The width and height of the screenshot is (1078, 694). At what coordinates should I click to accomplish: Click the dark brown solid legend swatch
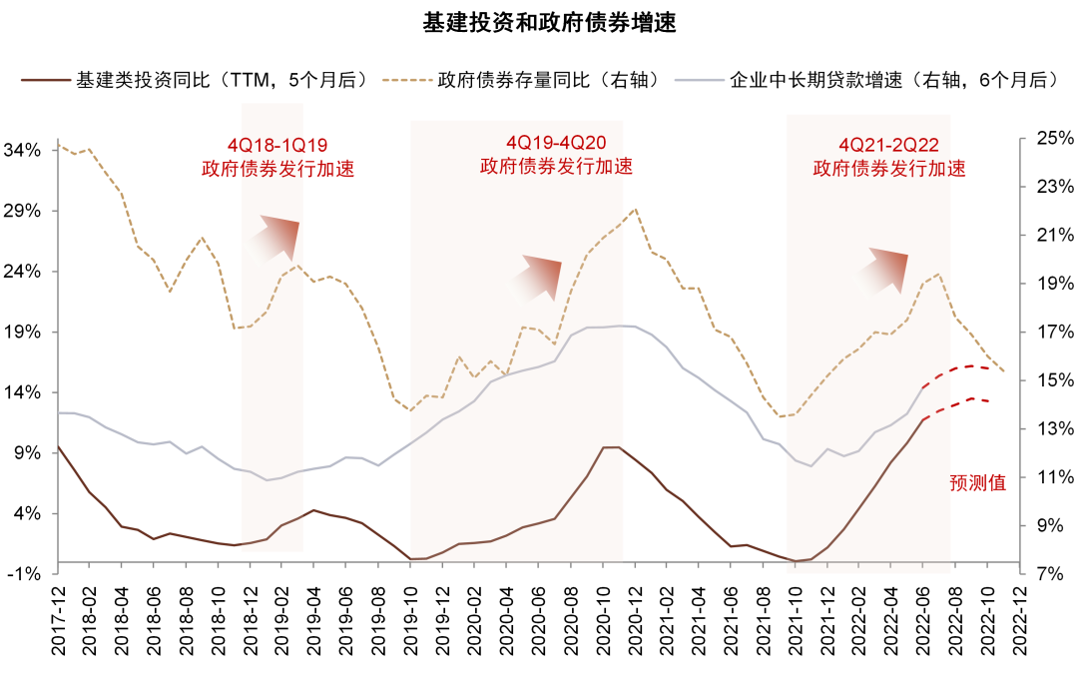(46, 80)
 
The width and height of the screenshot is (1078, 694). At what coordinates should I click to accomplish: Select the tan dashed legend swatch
(407, 80)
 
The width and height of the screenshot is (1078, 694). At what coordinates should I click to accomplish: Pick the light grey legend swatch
(699, 80)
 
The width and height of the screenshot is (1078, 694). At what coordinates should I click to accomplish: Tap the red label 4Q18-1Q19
(277, 145)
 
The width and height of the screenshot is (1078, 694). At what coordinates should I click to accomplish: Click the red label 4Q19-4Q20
(556, 143)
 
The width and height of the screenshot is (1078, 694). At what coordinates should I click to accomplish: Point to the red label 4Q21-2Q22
(888, 145)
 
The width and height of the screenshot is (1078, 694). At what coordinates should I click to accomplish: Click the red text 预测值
(978, 483)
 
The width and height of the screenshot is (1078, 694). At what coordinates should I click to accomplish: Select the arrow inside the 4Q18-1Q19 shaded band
(271, 240)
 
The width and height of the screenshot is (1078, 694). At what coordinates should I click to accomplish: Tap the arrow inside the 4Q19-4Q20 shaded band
(533, 281)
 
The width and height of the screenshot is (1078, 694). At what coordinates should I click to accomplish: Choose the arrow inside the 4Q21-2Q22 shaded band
(879, 273)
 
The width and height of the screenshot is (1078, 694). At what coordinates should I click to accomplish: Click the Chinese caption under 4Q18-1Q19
(277, 169)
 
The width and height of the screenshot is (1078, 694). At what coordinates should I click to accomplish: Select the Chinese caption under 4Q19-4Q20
(556, 166)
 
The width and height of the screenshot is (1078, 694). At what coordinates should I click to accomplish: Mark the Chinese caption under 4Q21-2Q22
(888, 169)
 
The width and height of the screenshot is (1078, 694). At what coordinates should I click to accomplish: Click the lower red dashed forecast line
(958, 403)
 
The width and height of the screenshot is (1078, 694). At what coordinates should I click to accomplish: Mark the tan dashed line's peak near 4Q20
(636, 210)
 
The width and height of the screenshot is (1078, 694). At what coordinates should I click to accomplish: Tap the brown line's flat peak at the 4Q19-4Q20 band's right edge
(612, 447)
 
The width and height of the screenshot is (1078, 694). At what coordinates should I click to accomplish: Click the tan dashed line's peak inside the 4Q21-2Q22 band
(937, 274)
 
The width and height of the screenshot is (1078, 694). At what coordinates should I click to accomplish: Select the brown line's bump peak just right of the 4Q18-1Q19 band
(313, 510)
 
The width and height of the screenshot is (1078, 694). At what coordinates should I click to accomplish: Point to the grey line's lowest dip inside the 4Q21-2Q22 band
(810, 465)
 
